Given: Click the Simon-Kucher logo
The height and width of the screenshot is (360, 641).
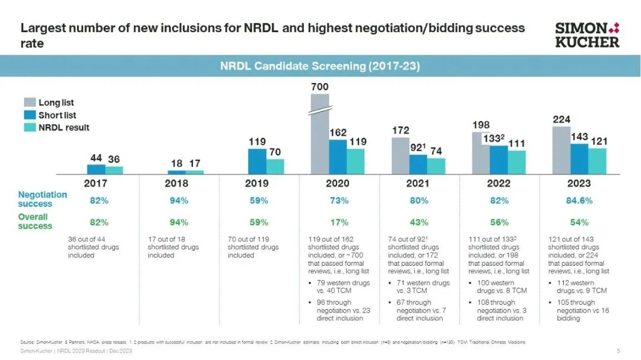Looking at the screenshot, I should point(586,35).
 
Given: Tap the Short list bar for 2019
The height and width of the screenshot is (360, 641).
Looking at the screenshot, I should point(257,161).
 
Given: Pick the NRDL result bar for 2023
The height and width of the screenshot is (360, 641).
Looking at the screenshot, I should point(597,161).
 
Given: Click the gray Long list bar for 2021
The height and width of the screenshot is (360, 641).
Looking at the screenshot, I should point(401,155).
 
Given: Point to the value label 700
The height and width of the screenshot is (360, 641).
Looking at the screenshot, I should point(319,87).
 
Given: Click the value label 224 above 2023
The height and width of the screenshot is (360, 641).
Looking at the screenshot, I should point(561,120).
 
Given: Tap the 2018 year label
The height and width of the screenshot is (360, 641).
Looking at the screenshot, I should point(176,183).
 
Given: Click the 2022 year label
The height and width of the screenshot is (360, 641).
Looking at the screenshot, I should point(499,183).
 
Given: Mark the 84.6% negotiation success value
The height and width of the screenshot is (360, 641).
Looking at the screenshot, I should point(579,200).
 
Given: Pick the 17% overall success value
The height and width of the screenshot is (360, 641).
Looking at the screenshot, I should point(338,222).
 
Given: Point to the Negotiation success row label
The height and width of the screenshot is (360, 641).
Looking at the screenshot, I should point(42,199).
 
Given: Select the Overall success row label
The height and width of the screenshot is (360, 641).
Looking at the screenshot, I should point(35,221).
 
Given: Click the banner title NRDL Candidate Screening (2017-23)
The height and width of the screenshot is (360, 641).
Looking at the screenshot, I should point(320,66).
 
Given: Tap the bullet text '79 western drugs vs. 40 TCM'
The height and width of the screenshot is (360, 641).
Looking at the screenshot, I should point(343,287).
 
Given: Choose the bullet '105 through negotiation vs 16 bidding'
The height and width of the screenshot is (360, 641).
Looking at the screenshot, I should point(580,310).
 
